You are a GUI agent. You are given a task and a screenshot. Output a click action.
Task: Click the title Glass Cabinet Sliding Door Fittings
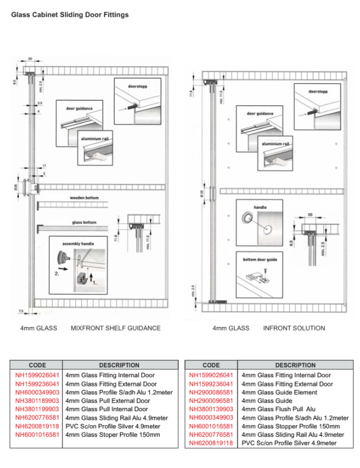[70, 14]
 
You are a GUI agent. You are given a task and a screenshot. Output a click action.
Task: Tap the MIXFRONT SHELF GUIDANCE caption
[115, 328]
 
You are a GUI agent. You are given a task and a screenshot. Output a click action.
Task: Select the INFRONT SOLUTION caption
[294, 328]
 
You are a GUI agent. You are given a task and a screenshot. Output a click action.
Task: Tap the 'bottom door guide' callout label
[260, 259]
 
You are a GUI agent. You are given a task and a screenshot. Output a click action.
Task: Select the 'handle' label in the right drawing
[260, 207]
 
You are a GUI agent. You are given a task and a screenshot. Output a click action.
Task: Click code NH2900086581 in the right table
[211, 392]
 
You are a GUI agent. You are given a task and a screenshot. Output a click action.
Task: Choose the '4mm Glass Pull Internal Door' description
[107, 409]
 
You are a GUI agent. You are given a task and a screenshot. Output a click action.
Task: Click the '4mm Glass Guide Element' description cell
[279, 392]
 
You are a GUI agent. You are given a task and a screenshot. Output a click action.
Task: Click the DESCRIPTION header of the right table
[295, 365]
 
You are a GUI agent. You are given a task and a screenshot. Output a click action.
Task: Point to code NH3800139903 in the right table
[211, 409]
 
